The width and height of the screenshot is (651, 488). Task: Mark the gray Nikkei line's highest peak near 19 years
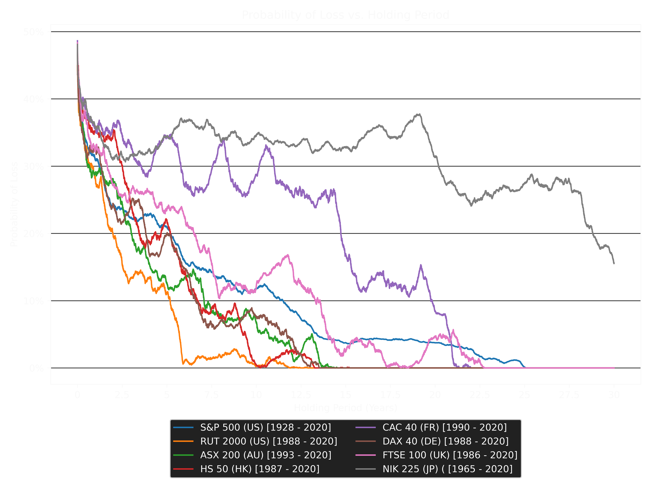coord(419,114)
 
